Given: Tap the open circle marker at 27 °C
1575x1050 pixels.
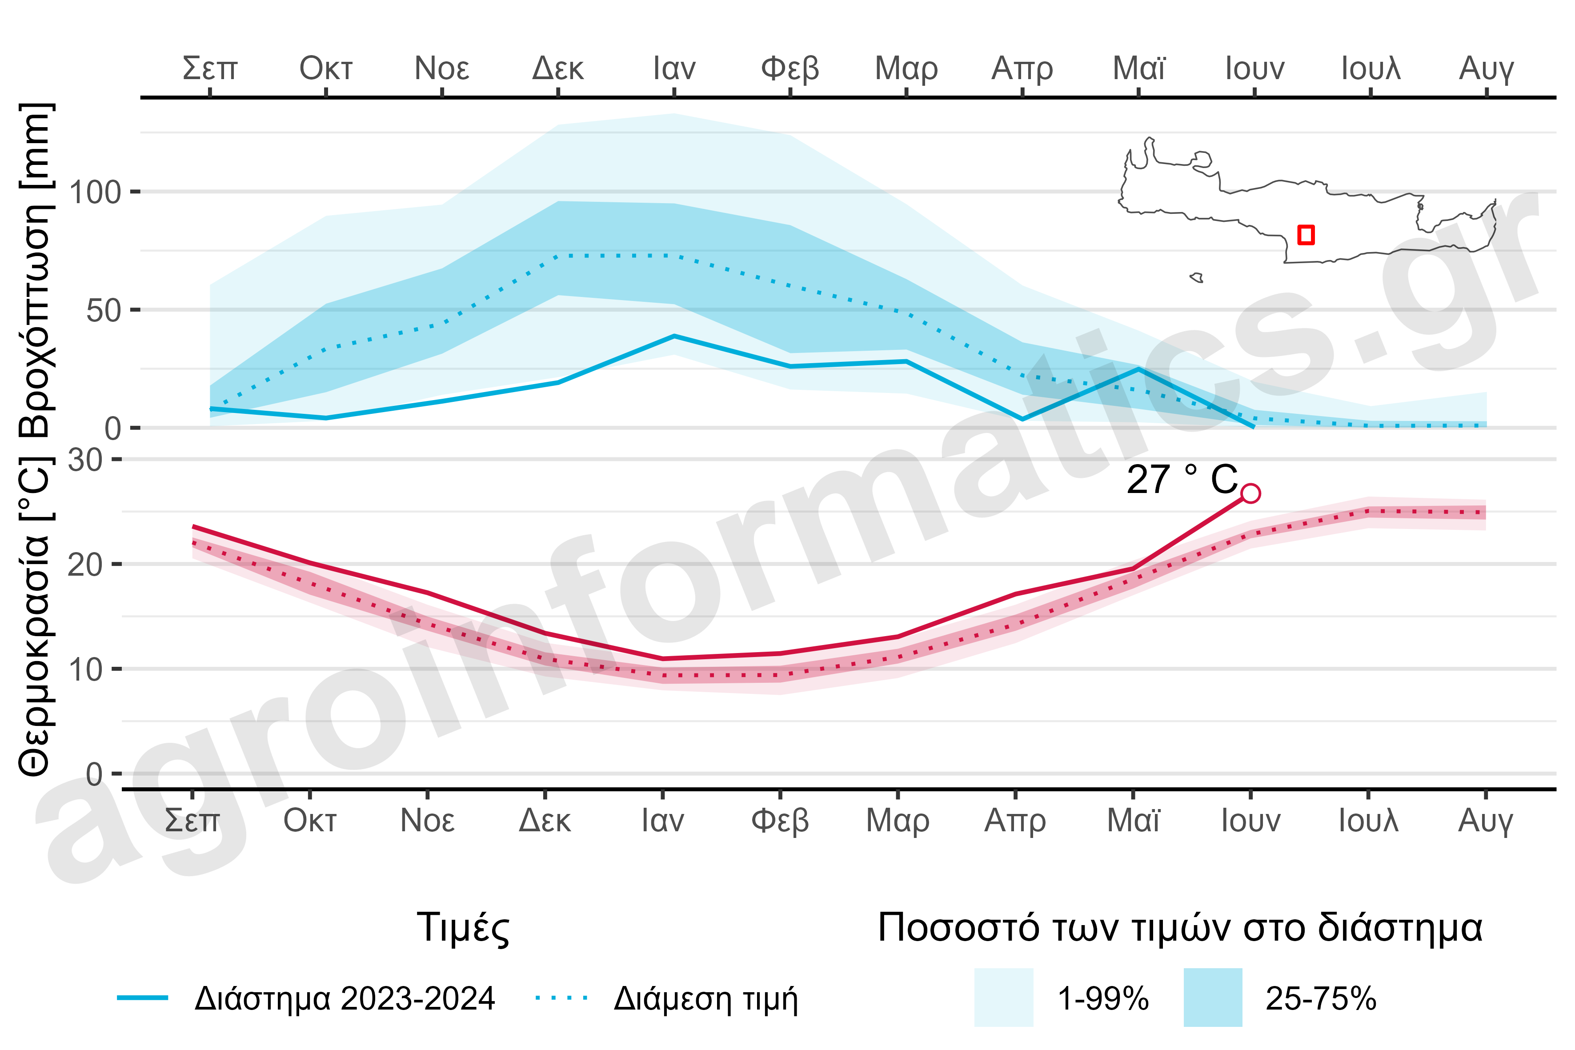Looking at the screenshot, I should coord(1250,493).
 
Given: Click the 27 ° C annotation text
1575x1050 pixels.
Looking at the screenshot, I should coord(1182,480).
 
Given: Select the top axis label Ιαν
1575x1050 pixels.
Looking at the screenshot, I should coord(674,68).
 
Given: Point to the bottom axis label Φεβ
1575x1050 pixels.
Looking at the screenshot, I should coord(780,820).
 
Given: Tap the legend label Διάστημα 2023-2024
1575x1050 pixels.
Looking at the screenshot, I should coord(344,998).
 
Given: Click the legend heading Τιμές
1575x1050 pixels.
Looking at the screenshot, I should coord(463,928).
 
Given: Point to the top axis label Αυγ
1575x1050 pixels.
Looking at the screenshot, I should coord(1486,68).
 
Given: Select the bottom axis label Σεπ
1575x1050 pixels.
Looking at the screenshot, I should coord(192,820).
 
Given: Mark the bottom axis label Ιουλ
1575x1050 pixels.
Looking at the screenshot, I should coord(1368,820).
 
